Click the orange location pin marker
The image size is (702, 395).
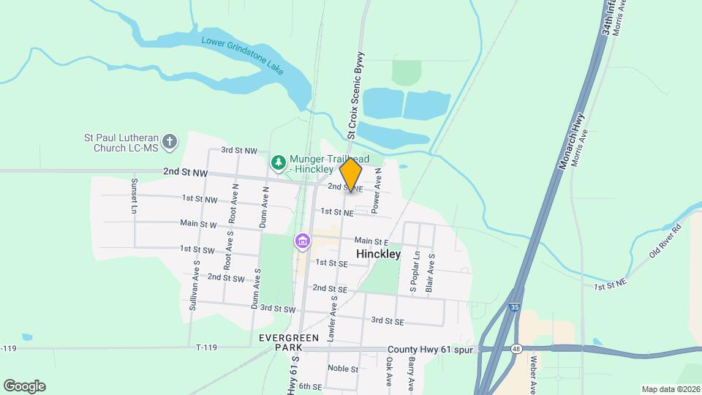click(x=351, y=175)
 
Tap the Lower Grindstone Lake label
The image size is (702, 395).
click(x=242, y=55)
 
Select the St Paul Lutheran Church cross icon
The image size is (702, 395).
click(x=170, y=142)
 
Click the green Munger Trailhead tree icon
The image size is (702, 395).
click(x=278, y=162)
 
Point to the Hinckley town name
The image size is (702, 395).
click(x=378, y=254)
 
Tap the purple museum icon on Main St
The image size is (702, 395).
click(x=302, y=241)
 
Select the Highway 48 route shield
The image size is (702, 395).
click(x=516, y=349)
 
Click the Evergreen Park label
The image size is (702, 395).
click(x=289, y=342)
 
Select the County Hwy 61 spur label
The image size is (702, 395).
click(x=431, y=350)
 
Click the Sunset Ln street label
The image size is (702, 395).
click(x=135, y=196)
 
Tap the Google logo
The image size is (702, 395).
click(x=24, y=386)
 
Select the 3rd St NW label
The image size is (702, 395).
click(x=239, y=150)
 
